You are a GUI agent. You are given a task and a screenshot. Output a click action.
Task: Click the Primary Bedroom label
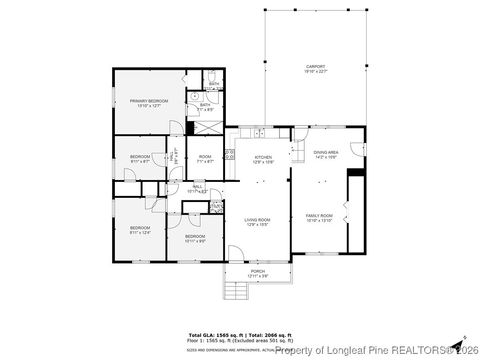point(148,103)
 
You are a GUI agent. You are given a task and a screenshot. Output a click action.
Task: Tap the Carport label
point(315,70)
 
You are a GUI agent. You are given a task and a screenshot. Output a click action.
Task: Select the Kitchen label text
point(263,160)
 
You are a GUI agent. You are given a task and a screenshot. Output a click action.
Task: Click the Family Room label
point(318,219)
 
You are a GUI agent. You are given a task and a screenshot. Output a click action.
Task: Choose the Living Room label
point(257,222)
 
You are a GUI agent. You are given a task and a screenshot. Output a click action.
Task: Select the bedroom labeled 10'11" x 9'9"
point(194,238)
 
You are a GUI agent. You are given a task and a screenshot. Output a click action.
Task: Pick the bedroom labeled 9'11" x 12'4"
point(139,230)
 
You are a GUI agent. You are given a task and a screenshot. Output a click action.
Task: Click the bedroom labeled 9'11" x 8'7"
point(140,159)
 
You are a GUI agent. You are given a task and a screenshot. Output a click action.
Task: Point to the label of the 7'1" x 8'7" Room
point(205,159)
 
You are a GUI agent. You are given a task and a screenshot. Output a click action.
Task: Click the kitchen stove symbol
point(229,155)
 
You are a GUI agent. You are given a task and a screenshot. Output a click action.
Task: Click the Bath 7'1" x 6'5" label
point(205,107)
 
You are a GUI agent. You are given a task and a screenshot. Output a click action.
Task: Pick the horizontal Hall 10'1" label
point(197,188)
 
